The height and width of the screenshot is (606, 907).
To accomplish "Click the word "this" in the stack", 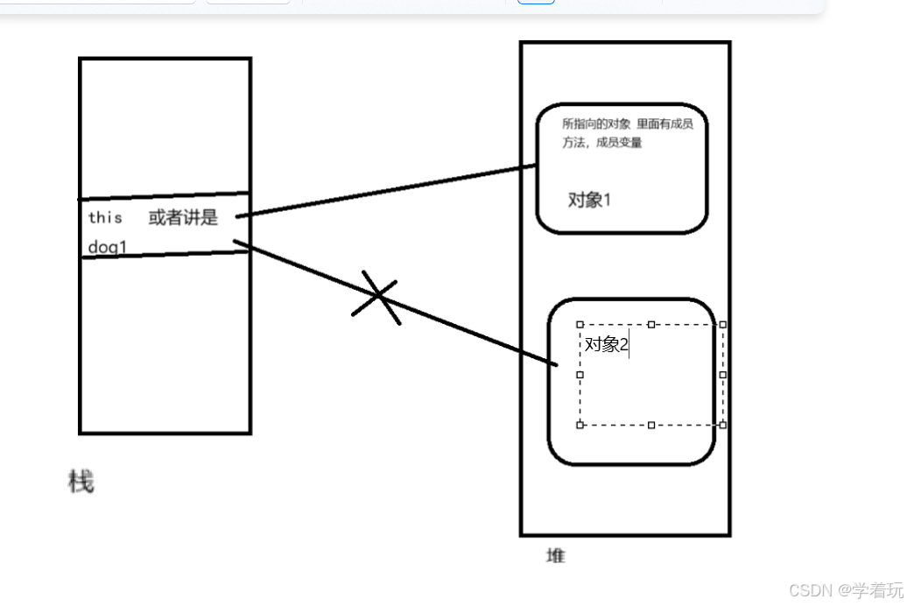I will pyautogui.click(x=105, y=217).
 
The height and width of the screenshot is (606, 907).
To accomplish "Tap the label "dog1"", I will pyautogui.click(x=108, y=248).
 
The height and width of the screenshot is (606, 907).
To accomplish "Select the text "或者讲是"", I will pyautogui.click(x=183, y=217).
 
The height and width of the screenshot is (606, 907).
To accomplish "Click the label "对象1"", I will pyautogui.click(x=589, y=200).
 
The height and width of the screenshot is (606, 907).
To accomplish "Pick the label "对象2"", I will pyautogui.click(x=607, y=344).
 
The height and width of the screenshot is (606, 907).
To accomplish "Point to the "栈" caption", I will pyautogui.click(x=81, y=481).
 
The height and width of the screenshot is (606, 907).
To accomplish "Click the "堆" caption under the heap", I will pyautogui.click(x=556, y=555).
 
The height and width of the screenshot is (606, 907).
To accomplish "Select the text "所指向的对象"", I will pyautogui.click(x=595, y=124).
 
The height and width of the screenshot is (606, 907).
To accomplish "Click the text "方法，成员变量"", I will pyautogui.click(x=602, y=143).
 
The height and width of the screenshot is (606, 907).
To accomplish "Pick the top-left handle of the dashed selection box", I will pyautogui.click(x=580, y=324).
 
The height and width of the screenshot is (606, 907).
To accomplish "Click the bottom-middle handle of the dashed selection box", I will pyautogui.click(x=651, y=425).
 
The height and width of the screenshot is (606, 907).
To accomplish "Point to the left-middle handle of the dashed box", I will pyautogui.click(x=580, y=374).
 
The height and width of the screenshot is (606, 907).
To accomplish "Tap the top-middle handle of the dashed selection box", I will pyautogui.click(x=651, y=324).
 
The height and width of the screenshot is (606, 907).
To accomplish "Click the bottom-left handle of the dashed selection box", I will pyautogui.click(x=580, y=425).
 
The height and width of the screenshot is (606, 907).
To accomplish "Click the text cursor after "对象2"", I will pyautogui.click(x=630, y=344).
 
